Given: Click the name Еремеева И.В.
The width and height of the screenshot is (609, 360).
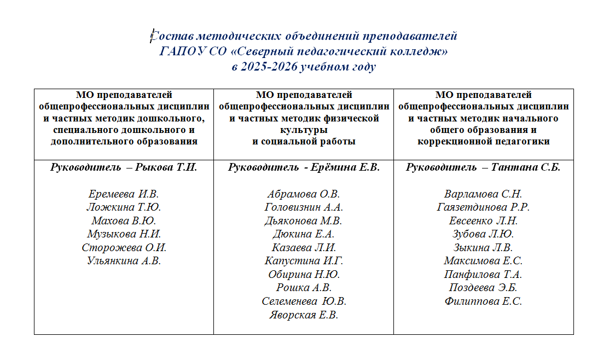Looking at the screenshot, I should tap(124, 194).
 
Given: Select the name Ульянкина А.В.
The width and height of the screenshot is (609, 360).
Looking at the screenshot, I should tap(124, 261).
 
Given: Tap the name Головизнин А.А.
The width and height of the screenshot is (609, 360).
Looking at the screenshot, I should tap(304, 207).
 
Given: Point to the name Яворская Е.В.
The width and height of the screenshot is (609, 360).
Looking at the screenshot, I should tap(304, 315).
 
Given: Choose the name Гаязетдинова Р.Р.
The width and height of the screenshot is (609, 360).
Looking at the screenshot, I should tap(483, 207).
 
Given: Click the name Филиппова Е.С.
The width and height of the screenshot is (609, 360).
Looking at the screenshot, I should tap(483, 301).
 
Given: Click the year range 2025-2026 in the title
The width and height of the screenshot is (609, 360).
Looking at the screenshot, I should tap(266, 67).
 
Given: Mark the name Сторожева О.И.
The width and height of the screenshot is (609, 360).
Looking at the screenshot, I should tap(124, 248).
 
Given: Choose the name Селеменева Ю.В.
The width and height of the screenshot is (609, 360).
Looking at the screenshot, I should tap(304, 301).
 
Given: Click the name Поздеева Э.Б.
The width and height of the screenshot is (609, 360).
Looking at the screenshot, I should tap(483, 288).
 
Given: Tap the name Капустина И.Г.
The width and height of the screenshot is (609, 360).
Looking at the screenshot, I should tap(304, 261).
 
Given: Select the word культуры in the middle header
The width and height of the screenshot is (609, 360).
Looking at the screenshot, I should tap(304, 131).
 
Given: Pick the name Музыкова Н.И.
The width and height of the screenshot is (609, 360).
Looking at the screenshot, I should tap(124, 234).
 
